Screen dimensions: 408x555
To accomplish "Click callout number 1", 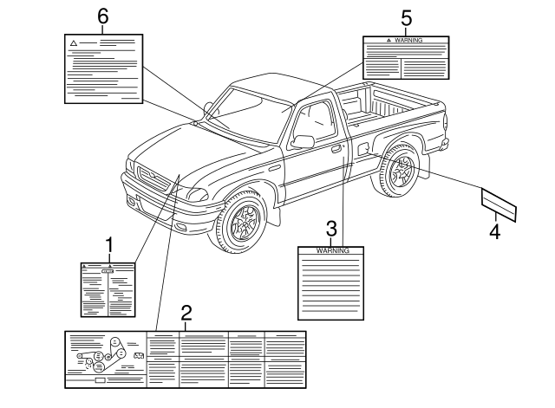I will click(109, 245).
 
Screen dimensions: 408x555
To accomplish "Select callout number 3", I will click(330, 229).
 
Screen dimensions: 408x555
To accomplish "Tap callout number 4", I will click(494, 231).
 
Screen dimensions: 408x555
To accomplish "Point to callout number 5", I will click(406, 16).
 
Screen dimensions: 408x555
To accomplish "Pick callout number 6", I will click(103, 16).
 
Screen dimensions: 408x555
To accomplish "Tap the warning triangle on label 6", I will click(75, 42).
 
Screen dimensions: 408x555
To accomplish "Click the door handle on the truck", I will click(336, 149).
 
